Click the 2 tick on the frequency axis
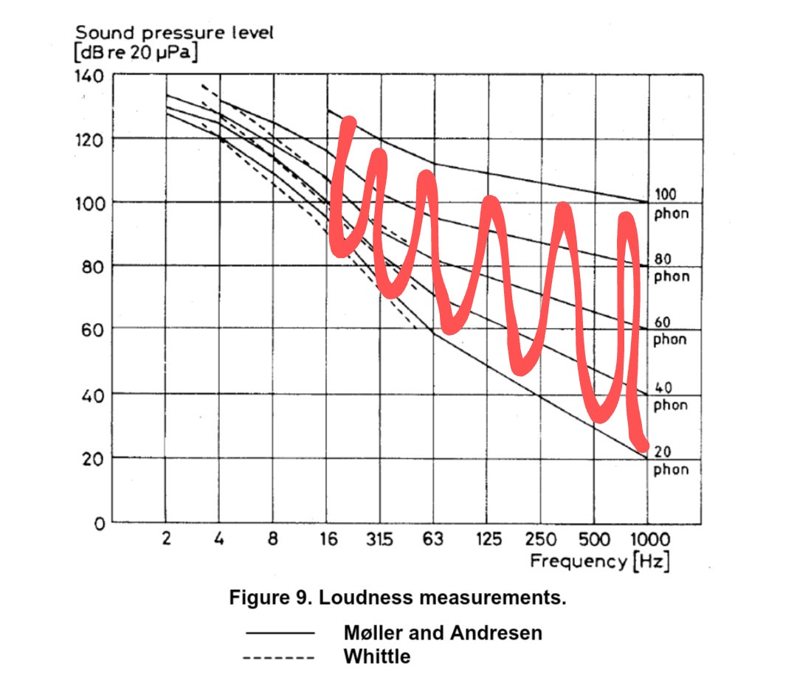166,539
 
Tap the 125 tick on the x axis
487,539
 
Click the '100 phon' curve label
670,204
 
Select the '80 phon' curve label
670,268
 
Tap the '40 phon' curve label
670,397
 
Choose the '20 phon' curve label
670,461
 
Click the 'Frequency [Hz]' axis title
600,562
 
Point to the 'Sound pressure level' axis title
174,33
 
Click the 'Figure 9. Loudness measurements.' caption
398,597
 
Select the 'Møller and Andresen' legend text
443,633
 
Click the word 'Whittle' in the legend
376,656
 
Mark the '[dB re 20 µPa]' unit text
137,53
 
